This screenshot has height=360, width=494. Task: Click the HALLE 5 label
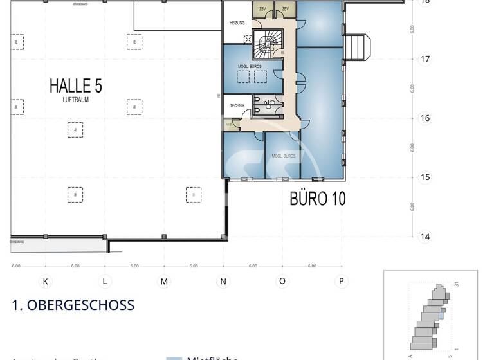(x=76, y=86)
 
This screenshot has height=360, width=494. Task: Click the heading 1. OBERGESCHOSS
(x=73, y=305)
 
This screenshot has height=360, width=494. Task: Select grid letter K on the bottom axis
(x=46, y=282)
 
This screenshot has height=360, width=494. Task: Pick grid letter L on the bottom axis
(x=105, y=282)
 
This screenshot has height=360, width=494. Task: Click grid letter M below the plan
(x=164, y=282)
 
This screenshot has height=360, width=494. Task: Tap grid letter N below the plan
(x=223, y=282)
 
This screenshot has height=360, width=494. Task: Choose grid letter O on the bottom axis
(x=282, y=282)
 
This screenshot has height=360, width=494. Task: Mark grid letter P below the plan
(x=342, y=282)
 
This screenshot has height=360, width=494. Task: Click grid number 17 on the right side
(x=425, y=59)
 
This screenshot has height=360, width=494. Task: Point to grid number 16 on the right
(x=425, y=118)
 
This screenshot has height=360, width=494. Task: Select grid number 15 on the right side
(x=425, y=177)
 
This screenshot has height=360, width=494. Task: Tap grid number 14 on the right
(x=425, y=237)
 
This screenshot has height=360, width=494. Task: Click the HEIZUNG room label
(x=237, y=23)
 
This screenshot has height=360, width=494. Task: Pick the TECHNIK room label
(x=235, y=105)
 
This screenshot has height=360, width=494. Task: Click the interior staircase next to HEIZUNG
(x=266, y=44)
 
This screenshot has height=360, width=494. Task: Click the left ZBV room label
(x=262, y=8)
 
